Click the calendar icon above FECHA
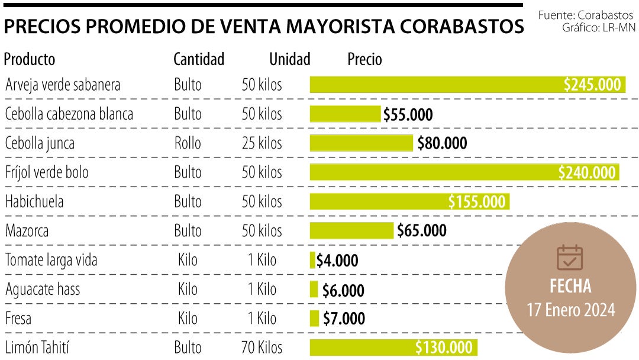[570, 258]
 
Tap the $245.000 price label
[592, 85]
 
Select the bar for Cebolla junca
[361, 143]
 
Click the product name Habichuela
[34, 201]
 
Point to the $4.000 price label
[337, 261]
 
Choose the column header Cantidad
[199, 59]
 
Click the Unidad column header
[290, 59]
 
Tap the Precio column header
[364, 59]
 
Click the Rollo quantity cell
[188, 143]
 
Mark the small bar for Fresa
[314, 319]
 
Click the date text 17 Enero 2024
[571, 310]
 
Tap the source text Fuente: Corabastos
[586, 14]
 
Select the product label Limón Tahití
[37, 348]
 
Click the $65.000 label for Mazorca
[421, 230]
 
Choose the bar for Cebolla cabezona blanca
[345, 114]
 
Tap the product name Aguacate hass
[43, 290]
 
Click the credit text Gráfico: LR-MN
[599, 27]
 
